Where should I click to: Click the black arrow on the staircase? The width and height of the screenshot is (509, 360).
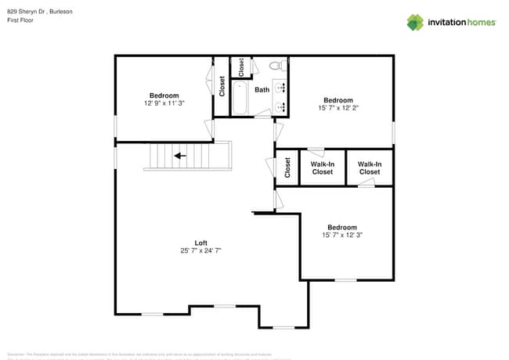(x=180, y=155)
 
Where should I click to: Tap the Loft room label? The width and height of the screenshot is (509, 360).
(x=200, y=242)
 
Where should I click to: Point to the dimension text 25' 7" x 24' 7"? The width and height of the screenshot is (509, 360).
(x=200, y=250)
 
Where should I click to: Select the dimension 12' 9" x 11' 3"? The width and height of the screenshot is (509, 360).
(x=164, y=103)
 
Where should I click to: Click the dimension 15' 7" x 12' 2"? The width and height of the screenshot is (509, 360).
(x=338, y=108)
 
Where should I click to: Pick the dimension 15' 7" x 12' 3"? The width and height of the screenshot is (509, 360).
(x=342, y=235)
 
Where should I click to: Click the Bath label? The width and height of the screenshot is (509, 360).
(x=262, y=89)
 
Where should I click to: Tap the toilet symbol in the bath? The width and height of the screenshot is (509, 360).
(x=276, y=67)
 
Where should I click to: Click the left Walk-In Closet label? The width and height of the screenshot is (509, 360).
(x=323, y=167)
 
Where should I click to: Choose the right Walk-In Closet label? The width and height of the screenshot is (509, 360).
(x=370, y=167)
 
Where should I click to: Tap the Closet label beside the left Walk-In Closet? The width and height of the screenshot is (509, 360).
(x=287, y=167)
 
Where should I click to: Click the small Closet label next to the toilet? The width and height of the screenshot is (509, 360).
(x=241, y=67)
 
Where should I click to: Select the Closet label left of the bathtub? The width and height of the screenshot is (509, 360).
(x=222, y=86)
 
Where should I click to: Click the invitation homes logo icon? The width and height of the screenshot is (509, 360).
(x=414, y=22)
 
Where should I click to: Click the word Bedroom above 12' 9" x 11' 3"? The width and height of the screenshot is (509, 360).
(x=164, y=95)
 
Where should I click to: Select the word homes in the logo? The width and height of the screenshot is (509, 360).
(x=480, y=23)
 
